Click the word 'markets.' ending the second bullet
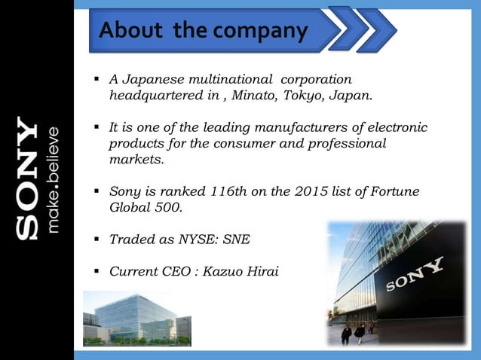[x=135, y=160]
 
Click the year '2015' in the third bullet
[x=299, y=191]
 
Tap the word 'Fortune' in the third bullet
[x=394, y=191]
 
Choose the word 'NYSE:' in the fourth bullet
[x=196, y=239]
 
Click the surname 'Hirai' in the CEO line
[x=260, y=270]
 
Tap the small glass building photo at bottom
[x=136, y=320]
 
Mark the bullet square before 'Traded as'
[x=97, y=240]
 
